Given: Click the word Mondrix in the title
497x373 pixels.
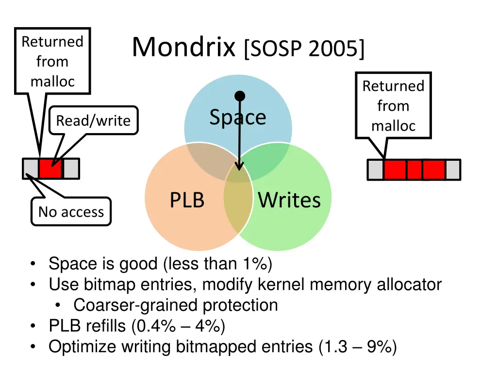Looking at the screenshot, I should tap(183, 48).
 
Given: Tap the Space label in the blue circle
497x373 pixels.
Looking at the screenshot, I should tap(237, 117).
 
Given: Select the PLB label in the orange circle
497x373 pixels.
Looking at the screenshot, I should tap(187, 200).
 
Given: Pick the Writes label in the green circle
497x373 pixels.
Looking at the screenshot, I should tap(289, 200).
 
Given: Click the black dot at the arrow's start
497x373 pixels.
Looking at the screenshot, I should tap(240, 96).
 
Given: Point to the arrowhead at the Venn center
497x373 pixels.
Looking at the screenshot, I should tap(239, 166).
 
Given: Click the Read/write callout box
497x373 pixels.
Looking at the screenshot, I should tap(93, 120).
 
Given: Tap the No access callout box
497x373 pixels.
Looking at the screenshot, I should tap(71, 212).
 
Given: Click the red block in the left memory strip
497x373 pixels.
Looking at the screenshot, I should tap(50, 169).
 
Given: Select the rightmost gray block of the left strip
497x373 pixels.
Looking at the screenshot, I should tap(71, 169).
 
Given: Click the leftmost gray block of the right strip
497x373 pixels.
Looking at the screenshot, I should tap(375, 170).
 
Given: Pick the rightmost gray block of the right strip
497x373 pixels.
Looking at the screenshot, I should tap(453, 170).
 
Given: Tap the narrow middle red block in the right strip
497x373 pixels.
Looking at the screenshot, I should tap(414, 170).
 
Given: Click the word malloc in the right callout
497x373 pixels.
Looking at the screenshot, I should tap(393, 126).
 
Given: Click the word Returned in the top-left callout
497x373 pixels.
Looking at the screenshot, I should tap(52, 42).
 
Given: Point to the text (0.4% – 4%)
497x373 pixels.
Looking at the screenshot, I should tap(178, 326).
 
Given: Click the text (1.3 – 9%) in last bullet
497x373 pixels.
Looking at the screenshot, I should tap(358, 347).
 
